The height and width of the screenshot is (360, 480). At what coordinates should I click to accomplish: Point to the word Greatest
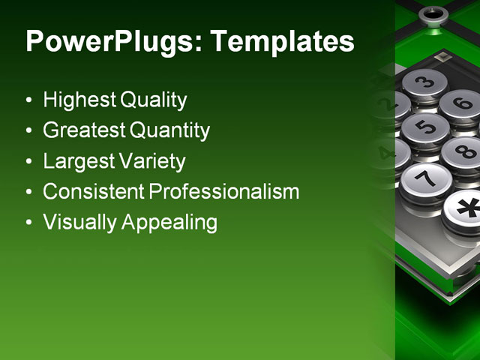pos(84,130)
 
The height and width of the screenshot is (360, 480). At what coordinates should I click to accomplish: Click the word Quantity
pos(169,130)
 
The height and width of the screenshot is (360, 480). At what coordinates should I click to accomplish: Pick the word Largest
pos(77,161)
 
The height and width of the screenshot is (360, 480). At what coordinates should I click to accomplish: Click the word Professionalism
pos(223,192)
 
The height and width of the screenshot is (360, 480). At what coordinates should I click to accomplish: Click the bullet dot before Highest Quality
pos(28,100)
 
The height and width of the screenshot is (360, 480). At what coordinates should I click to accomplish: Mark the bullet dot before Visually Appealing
pos(28,223)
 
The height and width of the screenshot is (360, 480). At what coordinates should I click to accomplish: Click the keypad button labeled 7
pos(425,179)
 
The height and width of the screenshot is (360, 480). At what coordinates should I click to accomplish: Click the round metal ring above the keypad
pos(433,13)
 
